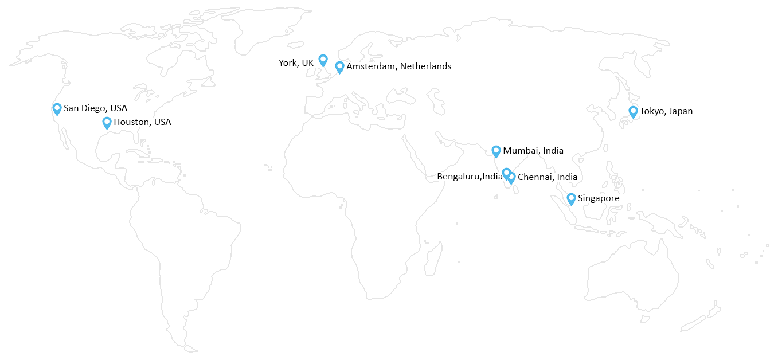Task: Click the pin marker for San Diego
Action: tap(57, 108)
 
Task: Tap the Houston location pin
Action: tap(107, 122)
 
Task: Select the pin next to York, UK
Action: tap(323, 60)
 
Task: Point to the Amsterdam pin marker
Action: tap(339, 66)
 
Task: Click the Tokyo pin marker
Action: tap(633, 111)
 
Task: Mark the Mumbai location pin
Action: tap(496, 151)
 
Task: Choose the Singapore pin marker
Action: tap(571, 198)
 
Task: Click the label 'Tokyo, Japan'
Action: tap(666, 111)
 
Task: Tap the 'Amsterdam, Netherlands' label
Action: tap(398, 66)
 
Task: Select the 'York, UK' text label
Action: tap(296, 63)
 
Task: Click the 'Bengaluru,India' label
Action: tap(470, 177)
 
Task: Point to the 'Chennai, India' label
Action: tap(547, 177)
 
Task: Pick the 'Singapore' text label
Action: tap(599, 198)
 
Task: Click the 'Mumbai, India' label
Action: tap(533, 151)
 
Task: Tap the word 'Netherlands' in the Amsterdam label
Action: tap(425, 66)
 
